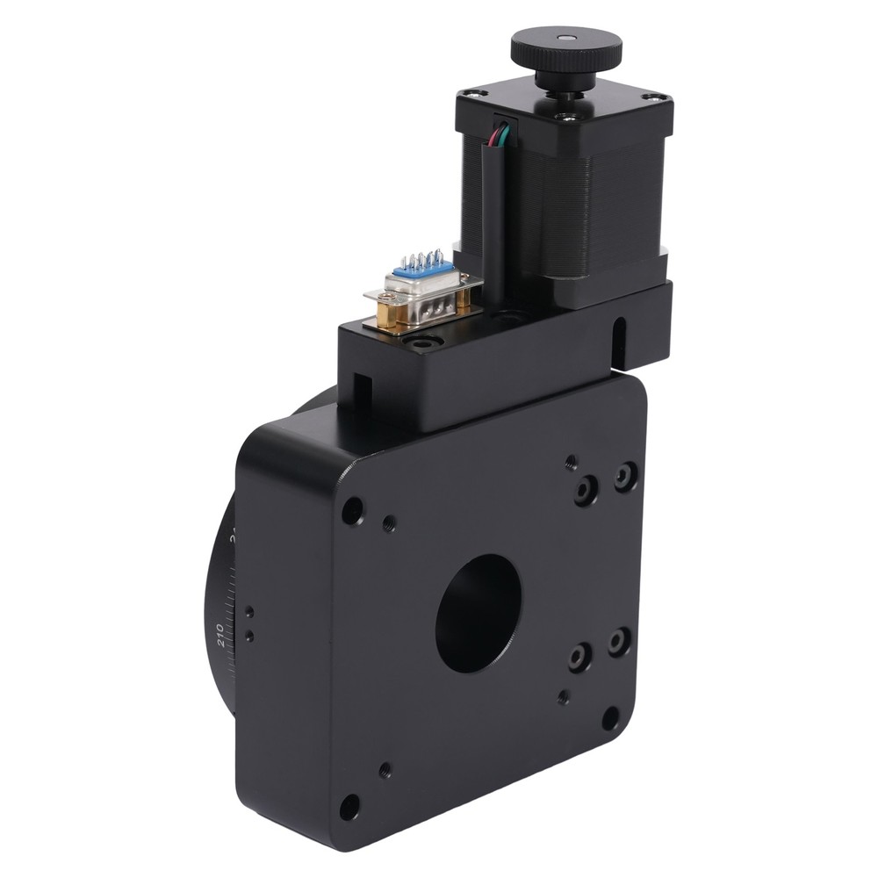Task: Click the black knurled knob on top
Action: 566,50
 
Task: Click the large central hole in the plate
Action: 479,612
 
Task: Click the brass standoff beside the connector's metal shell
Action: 387,312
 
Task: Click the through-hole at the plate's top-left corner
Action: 352,510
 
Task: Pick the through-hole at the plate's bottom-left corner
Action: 349,805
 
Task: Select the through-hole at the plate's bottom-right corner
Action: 610,718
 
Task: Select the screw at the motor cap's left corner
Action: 471,93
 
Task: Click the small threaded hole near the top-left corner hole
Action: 389,525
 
